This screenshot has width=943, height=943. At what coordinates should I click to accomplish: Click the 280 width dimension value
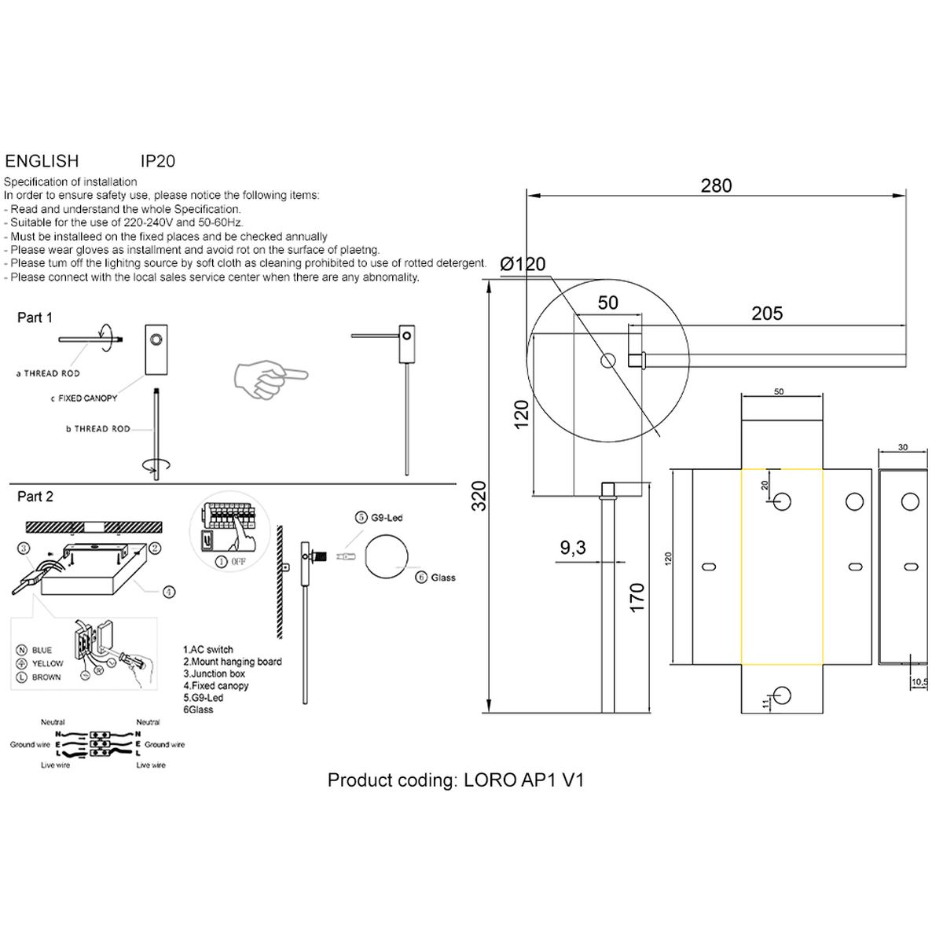(715, 185)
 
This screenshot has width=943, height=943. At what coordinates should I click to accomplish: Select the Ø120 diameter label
(523, 264)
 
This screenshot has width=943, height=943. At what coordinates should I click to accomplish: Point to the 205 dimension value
(766, 313)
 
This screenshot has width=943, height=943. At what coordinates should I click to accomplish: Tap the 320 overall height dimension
(479, 495)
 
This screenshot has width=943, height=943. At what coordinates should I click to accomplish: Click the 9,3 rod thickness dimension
(573, 548)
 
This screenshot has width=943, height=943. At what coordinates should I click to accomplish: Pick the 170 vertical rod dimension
(637, 597)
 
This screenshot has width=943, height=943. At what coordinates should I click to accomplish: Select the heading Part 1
(35, 317)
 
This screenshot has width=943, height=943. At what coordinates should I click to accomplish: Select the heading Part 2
(35, 497)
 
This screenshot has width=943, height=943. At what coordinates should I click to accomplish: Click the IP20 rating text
(157, 161)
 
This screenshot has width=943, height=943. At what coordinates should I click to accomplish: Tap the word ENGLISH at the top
(42, 161)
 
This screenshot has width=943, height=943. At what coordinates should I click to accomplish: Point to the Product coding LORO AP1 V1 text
(456, 780)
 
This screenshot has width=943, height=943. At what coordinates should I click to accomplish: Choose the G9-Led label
(386, 518)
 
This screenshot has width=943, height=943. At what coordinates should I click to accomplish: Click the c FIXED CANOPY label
(83, 398)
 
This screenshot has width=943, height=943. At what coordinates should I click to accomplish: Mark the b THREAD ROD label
(98, 429)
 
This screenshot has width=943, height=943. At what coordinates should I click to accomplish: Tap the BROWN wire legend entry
(46, 677)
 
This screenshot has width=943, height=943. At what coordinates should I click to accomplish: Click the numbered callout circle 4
(169, 593)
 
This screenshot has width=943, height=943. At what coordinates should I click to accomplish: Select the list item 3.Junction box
(214, 673)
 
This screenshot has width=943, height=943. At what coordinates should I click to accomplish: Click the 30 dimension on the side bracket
(902, 447)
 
